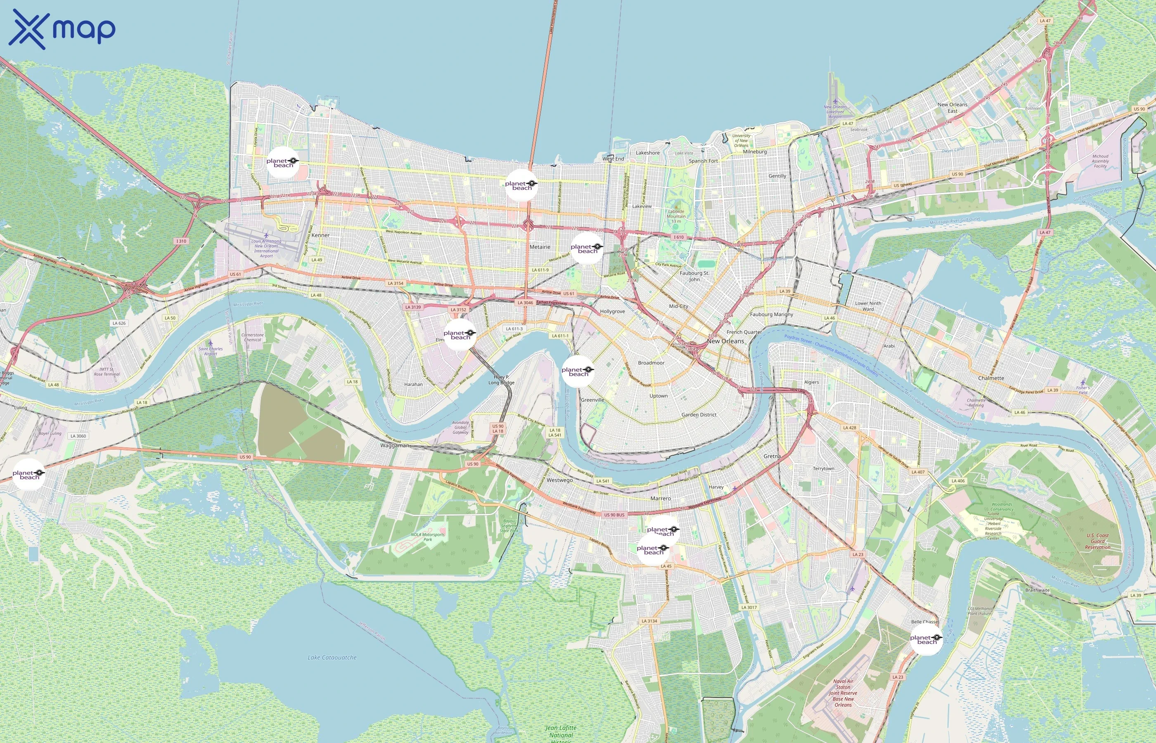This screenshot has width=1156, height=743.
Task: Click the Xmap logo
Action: pyautogui.click(x=62, y=29)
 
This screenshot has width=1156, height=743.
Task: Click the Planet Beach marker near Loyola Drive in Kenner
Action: pyautogui.click(x=283, y=163)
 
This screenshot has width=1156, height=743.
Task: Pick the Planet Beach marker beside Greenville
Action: pyautogui.click(x=578, y=372)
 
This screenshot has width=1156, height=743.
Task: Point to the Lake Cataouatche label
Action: pyautogui.click(x=332, y=657)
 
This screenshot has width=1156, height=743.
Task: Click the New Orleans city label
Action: pyautogui.click(x=725, y=341)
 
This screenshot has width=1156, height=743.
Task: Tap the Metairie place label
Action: pyautogui.click(x=540, y=247)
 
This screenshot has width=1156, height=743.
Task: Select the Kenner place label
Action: pyautogui.click(x=320, y=235)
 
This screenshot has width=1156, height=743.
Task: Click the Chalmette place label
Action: pyautogui.click(x=991, y=378)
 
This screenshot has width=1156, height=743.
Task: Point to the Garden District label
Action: pyautogui.click(x=699, y=415)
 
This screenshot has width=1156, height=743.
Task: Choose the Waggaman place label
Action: pyautogui.click(x=394, y=445)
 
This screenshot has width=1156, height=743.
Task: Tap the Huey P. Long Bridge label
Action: pyautogui.click(x=501, y=380)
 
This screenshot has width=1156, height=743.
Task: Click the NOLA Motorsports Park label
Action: pyautogui.click(x=427, y=537)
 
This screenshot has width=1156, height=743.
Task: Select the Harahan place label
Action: pyautogui.click(x=413, y=385)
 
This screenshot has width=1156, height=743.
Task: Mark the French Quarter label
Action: pyautogui.click(x=744, y=332)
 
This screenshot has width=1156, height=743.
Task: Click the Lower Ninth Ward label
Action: pyautogui.click(x=867, y=306)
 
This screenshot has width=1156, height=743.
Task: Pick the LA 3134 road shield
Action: pyautogui.click(x=649, y=621)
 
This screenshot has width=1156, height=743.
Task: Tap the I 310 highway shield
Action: pyautogui.click(x=181, y=241)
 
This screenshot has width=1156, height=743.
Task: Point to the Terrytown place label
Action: pyautogui.click(x=823, y=469)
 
